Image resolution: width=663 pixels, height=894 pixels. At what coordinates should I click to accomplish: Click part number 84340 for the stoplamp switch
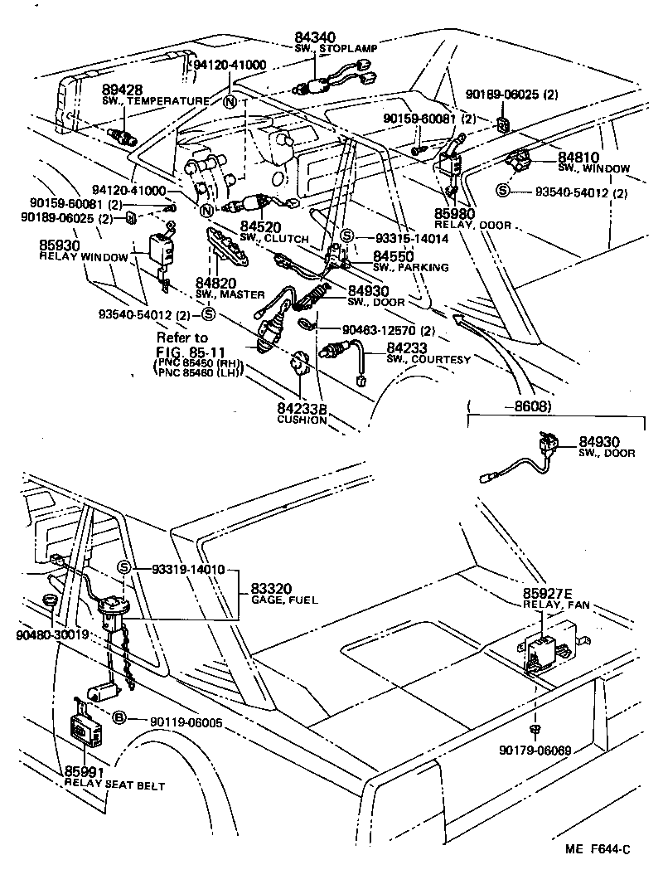[x=316, y=37]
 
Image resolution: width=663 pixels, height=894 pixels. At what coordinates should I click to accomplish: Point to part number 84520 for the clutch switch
[x=259, y=226]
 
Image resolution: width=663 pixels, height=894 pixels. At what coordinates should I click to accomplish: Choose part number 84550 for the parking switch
[x=392, y=256]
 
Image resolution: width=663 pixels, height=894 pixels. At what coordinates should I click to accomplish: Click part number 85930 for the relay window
[x=59, y=246]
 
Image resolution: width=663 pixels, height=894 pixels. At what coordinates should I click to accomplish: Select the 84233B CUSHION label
[x=302, y=410]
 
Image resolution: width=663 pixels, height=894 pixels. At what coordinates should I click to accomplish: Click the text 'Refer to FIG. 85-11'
[x=184, y=345]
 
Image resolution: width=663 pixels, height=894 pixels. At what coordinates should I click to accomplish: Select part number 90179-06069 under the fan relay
[x=537, y=750]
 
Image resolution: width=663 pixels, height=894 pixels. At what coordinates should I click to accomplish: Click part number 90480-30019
[x=51, y=636]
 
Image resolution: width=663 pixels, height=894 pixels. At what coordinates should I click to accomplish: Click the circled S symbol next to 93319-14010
[x=124, y=567]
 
